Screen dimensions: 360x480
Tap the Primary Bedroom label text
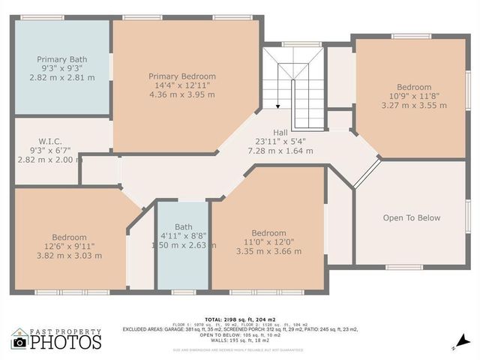182,76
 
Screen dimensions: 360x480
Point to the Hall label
280,132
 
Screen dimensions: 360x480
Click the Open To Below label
412,218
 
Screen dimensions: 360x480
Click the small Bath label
184,226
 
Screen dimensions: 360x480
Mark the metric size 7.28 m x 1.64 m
280,151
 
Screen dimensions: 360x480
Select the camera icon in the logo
19,343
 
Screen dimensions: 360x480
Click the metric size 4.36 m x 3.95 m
182,95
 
